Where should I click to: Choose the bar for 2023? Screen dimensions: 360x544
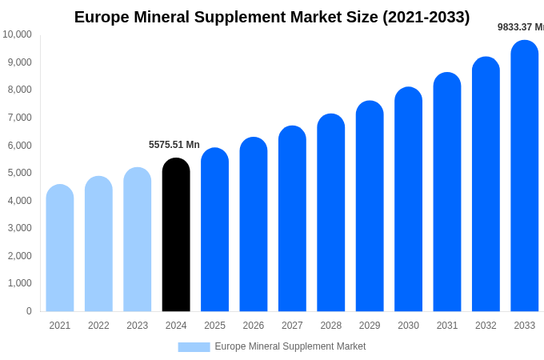point(137,239)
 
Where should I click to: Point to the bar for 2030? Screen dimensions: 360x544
point(408,199)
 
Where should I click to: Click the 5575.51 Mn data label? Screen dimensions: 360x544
point(174,145)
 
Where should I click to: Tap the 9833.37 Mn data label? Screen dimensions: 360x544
point(521,27)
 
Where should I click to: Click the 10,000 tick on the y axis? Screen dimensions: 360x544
point(17,34)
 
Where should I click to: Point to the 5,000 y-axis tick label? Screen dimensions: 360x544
point(19,173)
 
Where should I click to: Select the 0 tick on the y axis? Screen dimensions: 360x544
point(29,311)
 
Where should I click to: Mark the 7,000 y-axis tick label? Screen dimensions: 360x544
point(19,118)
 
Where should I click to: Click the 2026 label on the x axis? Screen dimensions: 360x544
point(254,326)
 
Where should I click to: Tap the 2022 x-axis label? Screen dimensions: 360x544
point(98,326)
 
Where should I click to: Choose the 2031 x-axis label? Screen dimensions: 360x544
point(447,326)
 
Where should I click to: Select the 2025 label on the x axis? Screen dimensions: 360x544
point(214,326)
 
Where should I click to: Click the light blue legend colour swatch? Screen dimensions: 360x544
point(194,347)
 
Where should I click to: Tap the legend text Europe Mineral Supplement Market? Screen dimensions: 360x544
point(290,346)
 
